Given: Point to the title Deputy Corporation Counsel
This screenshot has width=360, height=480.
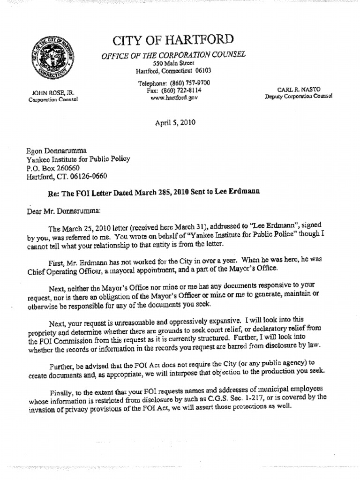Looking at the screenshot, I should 298,96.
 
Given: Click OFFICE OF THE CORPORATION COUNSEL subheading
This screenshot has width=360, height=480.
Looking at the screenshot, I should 173,54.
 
